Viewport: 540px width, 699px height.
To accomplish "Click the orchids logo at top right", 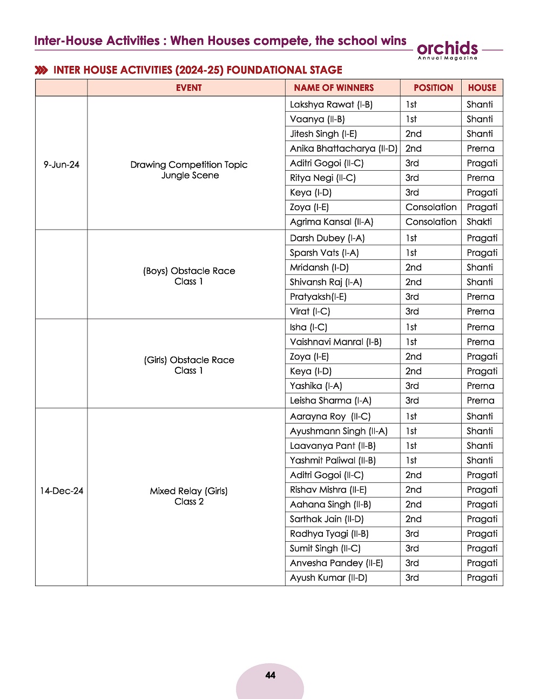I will (448, 50).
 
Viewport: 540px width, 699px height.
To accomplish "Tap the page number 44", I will (271, 675).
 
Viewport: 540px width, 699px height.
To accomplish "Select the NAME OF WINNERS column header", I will (334, 88).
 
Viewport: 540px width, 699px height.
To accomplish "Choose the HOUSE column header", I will (482, 88).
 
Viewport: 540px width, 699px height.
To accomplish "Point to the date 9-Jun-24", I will (62, 165).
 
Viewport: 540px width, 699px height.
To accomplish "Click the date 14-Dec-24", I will (62, 491).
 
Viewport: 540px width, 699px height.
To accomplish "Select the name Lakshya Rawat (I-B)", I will (331, 104).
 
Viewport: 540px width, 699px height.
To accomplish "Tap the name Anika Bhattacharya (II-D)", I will (343, 149).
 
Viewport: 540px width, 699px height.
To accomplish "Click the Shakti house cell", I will (479, 221).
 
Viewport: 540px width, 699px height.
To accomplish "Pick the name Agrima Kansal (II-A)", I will (332, 221).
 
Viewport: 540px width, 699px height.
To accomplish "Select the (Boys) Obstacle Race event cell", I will (189, 276).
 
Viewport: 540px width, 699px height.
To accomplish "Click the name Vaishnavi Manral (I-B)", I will (335, 342).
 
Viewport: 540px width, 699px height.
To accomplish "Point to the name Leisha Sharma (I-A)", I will (330, 400).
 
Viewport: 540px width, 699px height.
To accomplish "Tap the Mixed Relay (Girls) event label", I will (189, 491).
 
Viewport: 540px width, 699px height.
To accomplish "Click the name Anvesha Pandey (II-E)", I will (336, 563).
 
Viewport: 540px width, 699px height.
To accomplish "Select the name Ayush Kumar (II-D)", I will (328, 577).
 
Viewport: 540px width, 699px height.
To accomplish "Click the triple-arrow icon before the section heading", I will (41, 70).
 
